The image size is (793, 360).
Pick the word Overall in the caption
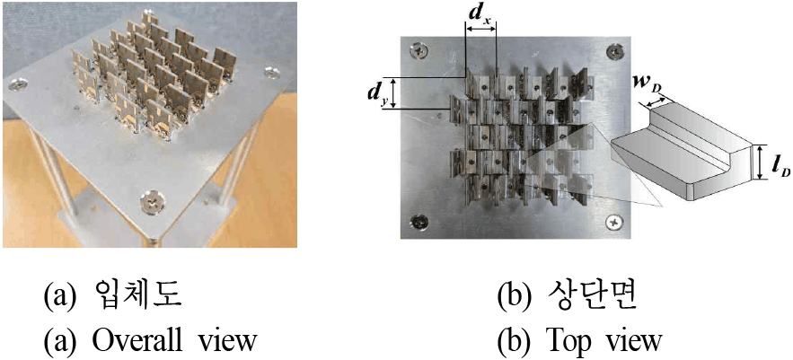[x=121, y=341]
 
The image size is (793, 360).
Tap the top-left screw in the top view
[x=419, y=50]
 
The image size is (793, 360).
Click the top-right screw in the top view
[x=614, y=50]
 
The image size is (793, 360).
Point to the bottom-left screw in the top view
[x=419, y=221]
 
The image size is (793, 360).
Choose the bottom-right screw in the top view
[x=614, y=221]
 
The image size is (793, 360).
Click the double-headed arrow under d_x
[x=480, y=30]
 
